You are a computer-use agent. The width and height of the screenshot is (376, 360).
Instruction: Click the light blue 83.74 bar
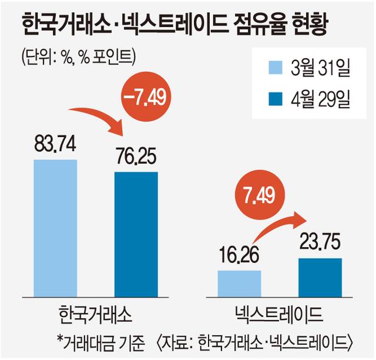pyautogui.click(x=55, y=230)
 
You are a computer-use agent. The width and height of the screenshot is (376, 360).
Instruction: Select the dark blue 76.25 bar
pyautogui.click(x=136, y=236)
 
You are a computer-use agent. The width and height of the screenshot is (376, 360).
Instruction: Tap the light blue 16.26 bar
pyautogui.click(x=239, y=285)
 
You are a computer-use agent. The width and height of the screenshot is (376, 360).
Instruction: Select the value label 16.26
pyautogui.click(x=239, y=258)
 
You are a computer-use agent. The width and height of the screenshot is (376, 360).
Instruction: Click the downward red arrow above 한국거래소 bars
pyautogui.click(x=100, y=118)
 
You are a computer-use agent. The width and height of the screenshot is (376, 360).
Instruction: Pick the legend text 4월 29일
pyautogui.click(x=320, y=99)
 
